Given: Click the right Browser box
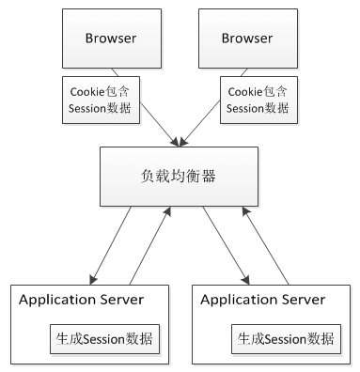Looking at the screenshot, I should [x=247, y=38].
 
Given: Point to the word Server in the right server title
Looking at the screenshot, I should [x=300, y=300].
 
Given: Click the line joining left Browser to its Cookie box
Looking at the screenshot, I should [x=115, y=71].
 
